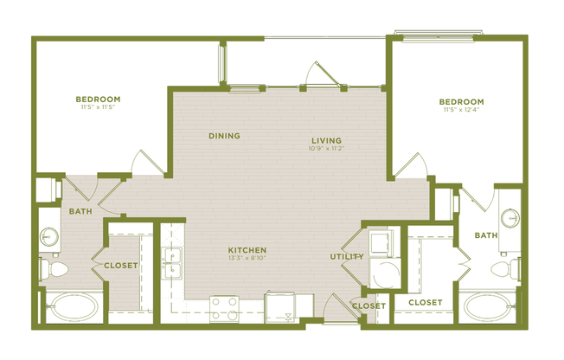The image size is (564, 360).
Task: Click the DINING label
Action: pos(224,136)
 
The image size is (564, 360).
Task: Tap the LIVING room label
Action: pos(327,140)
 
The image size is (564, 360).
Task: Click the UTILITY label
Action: pos(345,257)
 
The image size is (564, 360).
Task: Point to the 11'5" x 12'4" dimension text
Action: pos(460,110)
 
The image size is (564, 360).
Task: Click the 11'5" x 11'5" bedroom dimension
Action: pos(97,107)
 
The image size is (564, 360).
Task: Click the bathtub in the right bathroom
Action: pos(487,307)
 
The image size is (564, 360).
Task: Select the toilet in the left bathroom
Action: pos(54,270)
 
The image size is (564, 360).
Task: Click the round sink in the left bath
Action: pos(49,235)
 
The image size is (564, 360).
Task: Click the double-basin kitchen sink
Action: pos(173,257)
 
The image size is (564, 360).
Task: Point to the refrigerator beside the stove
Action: pos(288,306)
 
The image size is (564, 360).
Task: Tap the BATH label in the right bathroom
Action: pos(485,235)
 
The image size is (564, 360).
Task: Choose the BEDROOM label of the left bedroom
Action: pos(97,99)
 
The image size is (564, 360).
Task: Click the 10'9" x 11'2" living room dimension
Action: pos(327,149)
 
